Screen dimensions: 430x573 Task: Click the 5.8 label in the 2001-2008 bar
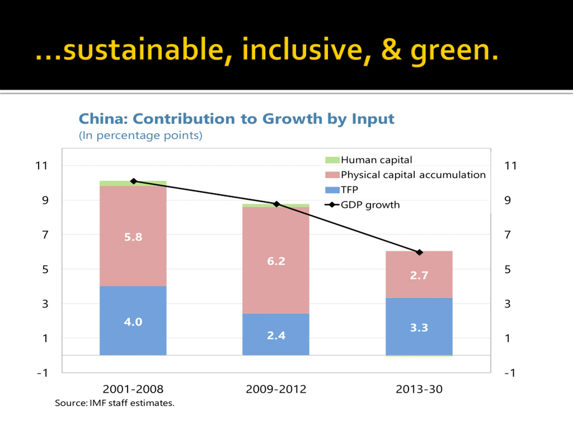pyautogui.click(x=133, y=237)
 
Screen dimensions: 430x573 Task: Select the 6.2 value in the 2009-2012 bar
pyautogui.click(x=276, y=261)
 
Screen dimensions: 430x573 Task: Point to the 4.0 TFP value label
pyautogui.click(x=133, y=322)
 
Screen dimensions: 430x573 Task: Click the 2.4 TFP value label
pyautogui.click(x=276, y=336)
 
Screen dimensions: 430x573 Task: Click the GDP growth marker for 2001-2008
pyautogui.click(x=134, y=181)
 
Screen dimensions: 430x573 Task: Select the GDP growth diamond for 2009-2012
pyautogui.click(x=277, y=204)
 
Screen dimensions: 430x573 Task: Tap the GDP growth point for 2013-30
pyautogui.click(x=419, y=252)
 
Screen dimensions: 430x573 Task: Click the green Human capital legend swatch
pyautogui.click(x=332, y=160)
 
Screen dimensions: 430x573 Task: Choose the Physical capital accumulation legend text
pyautogui.click(x=413, y=175)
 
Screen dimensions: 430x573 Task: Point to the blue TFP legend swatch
pyautogui.click(x=332, y=190)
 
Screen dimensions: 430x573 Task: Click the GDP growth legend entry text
pyautogui.click(x=370, y=205)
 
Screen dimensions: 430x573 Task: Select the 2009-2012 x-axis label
pyautogui.click(x=276, y=389)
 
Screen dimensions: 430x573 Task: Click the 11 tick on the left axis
pyautogui.click(x=41, y=166)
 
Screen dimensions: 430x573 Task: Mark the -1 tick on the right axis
pyautogui.click(x=510, y=373)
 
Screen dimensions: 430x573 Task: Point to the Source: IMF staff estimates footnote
pyautogui.click(x=115, y=403)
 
